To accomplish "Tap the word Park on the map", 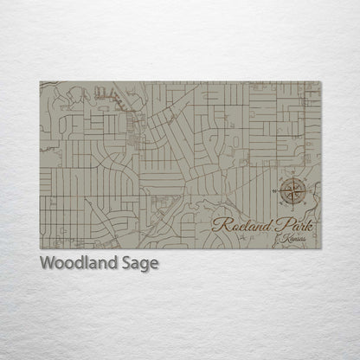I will [x=293, y=225].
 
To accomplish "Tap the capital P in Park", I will [x=278, y=224].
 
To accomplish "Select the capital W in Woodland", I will [x=47, y=263].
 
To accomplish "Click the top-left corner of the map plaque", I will [x=40, y=82].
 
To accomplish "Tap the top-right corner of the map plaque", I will [x=320, y=82].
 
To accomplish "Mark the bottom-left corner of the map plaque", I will [x=40, y=249].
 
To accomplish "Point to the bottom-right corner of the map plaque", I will [x=320, y=249].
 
